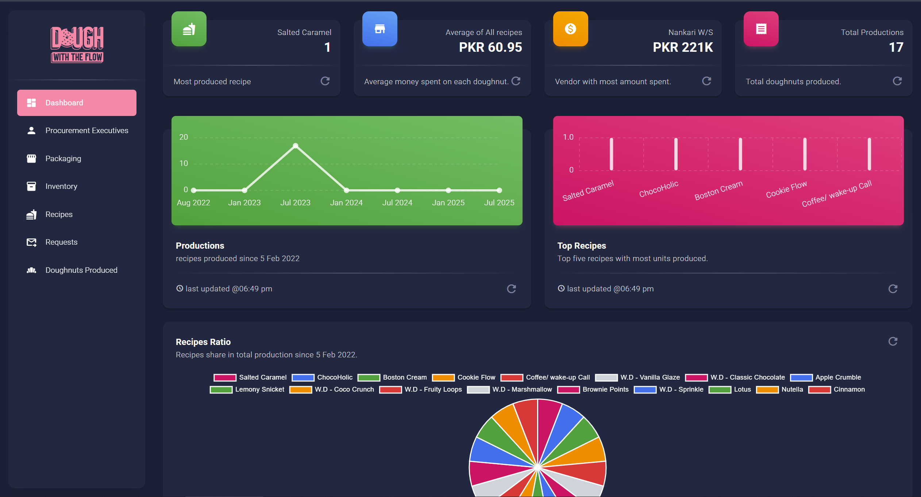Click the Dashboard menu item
click(77, 103)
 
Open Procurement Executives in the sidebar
click(86, 131)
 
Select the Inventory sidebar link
click(61, 186)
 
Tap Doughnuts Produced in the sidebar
click(81, 270)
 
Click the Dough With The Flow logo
click(77, 44)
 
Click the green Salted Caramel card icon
click(189, 29)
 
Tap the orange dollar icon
click(570, 29)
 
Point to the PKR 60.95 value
click(490, 47)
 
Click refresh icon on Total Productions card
click(897, 81)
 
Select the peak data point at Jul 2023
click(296, 146)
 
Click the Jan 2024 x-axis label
click(346, 203)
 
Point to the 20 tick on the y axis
click(183, 137)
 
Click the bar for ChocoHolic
click(676, 154)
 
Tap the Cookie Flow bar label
click(786, 190)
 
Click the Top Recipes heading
click(581, 246)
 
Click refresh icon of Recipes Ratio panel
click(893, 342)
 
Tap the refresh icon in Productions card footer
click(511, 289)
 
